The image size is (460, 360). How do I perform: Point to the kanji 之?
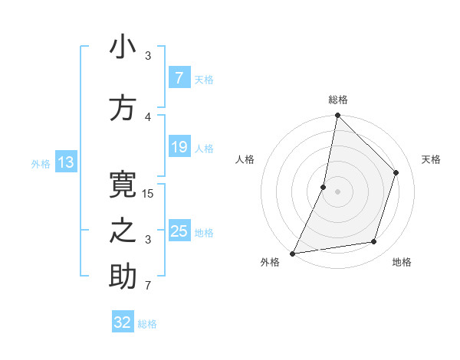click(123, 231)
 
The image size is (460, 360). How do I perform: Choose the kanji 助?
click(123, 277)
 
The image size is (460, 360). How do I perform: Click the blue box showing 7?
click(179, 78)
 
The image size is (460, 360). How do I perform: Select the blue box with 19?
click(179, 147)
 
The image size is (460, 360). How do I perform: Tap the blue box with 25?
click(179, 231)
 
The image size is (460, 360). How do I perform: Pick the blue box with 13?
click(65, 162)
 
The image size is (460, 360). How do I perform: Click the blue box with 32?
click(123, 322)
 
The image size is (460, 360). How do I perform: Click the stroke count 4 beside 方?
click(148, 117)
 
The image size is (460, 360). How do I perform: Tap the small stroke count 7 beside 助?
click(148, 286)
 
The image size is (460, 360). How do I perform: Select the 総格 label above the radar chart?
click(338, 100)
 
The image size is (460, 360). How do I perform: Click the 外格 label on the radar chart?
click(270, 263)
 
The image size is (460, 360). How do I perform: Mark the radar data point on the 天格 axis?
click(396, 172)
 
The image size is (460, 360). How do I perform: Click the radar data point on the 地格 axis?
click(374, 242)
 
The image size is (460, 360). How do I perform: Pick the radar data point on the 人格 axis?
click(324, 187)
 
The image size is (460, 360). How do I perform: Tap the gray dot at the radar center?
click(338, 191)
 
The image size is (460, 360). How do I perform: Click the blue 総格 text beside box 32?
click(147, 324)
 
